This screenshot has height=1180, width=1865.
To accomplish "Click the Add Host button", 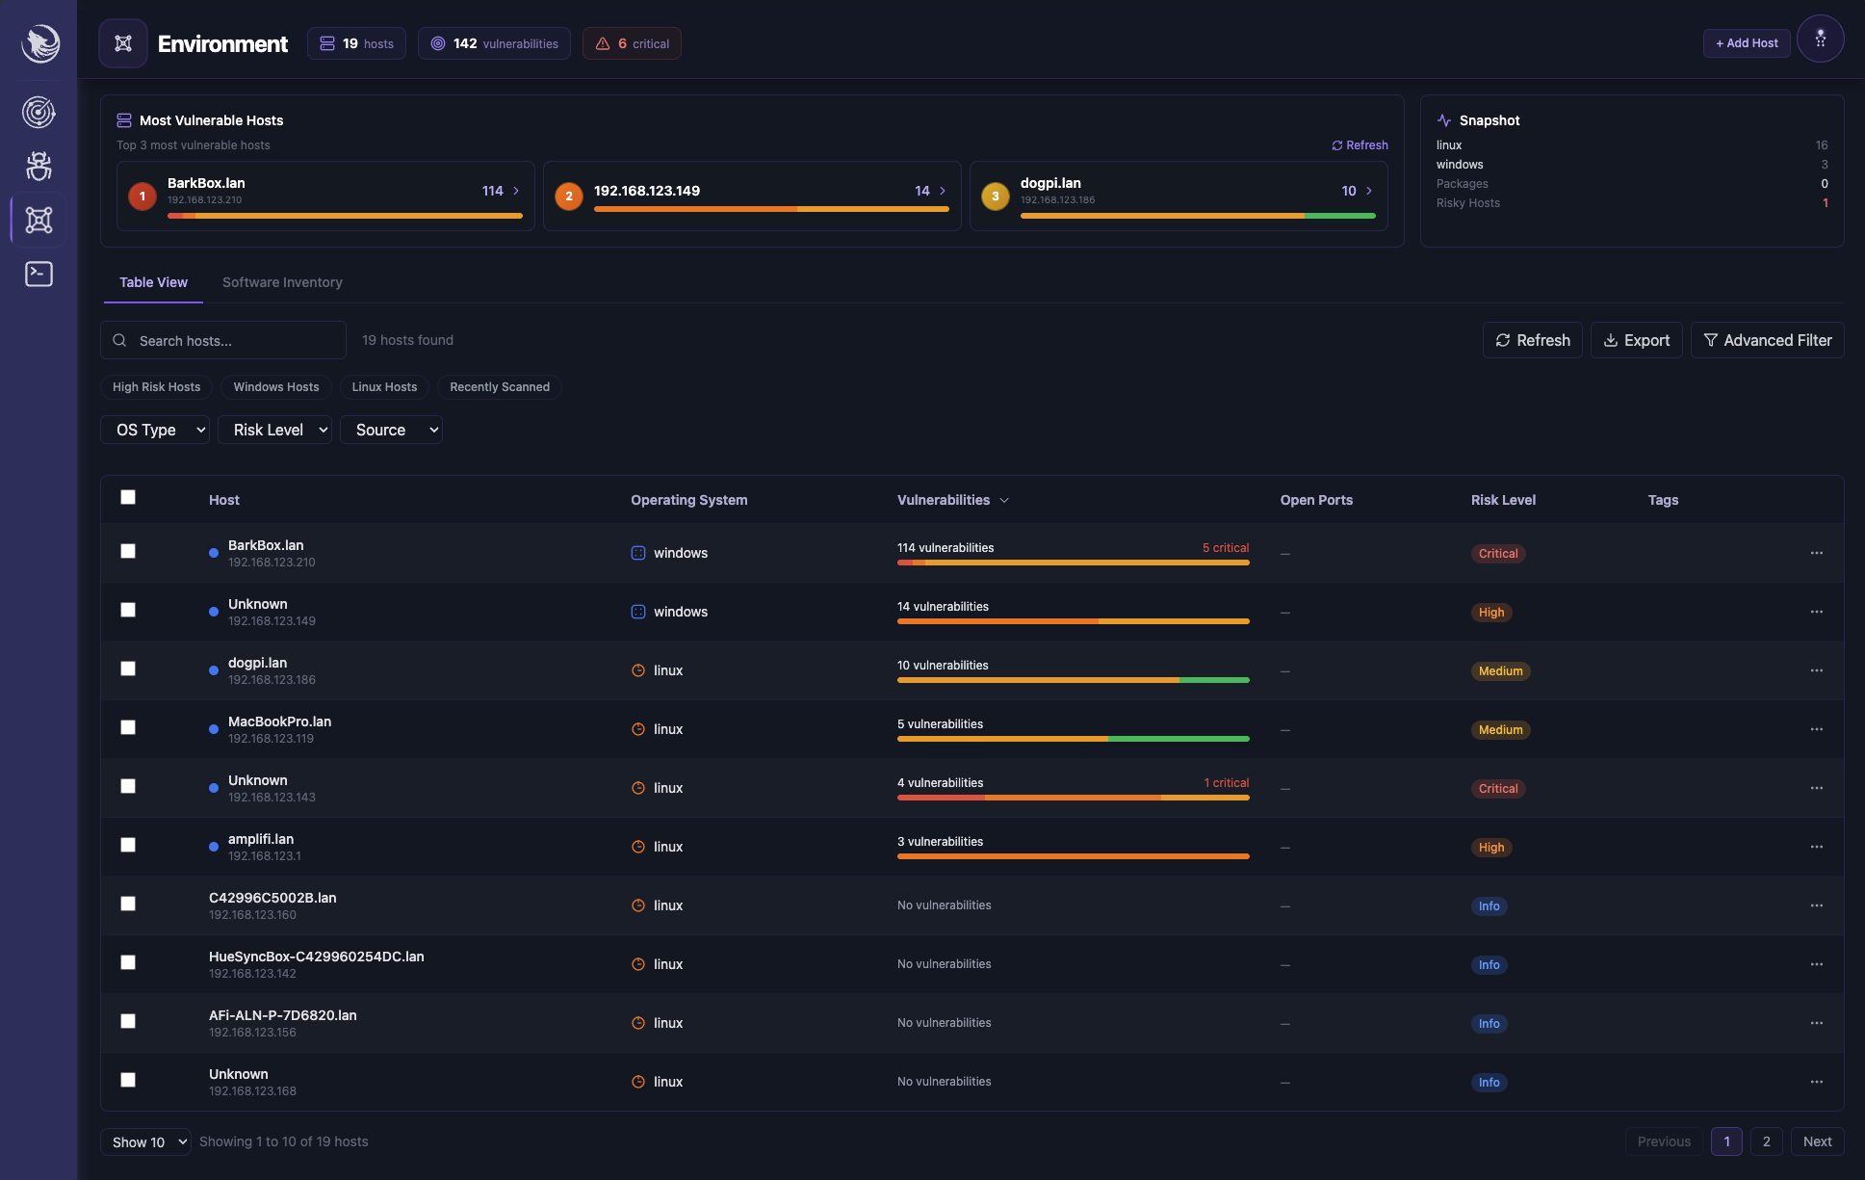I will coord(1747,43).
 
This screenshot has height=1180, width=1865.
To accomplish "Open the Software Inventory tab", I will coord(282,282).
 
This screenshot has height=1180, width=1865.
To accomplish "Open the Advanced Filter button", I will coord(1767,340).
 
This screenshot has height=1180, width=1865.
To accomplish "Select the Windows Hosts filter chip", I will coord(275,387).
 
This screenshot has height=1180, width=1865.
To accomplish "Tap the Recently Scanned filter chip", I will coord(499,387).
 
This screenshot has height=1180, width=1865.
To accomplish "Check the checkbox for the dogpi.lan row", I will coord(128,669).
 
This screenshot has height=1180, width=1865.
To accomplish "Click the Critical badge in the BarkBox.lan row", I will coord(1497,554).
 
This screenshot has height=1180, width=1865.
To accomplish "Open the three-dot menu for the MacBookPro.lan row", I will coord(1816,729).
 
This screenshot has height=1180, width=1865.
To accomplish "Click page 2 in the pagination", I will coord(1766,1141).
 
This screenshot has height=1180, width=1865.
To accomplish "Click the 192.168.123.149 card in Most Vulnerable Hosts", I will coord(751,196).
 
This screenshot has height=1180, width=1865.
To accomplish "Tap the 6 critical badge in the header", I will coord(632,43).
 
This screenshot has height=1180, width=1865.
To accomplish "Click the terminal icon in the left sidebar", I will coord(39,275).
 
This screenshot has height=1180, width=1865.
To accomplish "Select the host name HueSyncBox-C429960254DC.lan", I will coord(316,957).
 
